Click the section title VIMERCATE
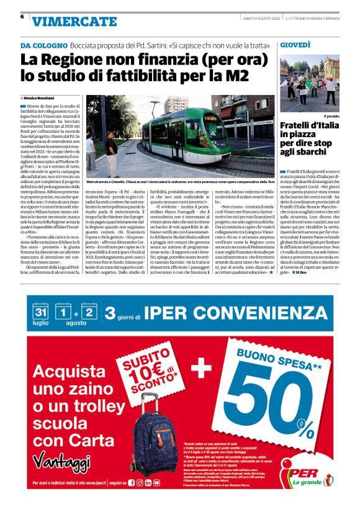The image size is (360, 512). pos(74,22)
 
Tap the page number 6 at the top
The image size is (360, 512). pos(22,17)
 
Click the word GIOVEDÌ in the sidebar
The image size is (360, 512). pos(295,46)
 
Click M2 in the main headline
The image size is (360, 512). pos(235,76)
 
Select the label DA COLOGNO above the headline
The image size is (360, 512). pos(43,46)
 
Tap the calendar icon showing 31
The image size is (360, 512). pos(41,311)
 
